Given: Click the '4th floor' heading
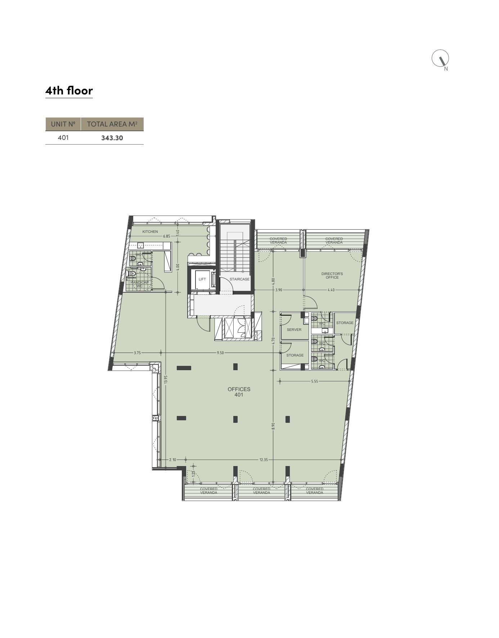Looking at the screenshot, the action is (x=69, y=90).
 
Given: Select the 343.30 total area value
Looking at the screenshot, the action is (x=112, y=138).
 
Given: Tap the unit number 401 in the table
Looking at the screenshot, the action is (x=63, y=137).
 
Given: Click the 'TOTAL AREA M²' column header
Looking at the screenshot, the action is (x=112, y=124).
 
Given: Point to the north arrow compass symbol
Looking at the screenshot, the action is (x=440, y=58).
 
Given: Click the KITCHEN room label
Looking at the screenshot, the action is (x=150, y=232).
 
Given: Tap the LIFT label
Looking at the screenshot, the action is (x=202, y=279).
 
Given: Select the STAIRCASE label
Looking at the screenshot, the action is (x=239, y=279).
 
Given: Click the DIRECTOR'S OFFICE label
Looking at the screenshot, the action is (x=332, y=275).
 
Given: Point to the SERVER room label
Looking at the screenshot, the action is (x=294, y=330).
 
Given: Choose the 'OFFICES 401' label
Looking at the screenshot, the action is (x=239, y=392).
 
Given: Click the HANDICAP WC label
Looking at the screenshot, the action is (x=139, y=284).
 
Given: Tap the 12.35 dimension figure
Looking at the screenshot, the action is (x=264, y=460).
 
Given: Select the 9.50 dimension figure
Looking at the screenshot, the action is (x=220, y=353).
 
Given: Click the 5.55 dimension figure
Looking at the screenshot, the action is (x=315, y=381).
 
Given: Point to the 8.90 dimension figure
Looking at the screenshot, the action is (x=274, y=426).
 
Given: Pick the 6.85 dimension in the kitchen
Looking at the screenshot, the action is (x=166, y=236).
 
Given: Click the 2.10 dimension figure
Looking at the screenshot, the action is (x=173, y=460).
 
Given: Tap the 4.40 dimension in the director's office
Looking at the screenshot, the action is (x=331, y=290).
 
